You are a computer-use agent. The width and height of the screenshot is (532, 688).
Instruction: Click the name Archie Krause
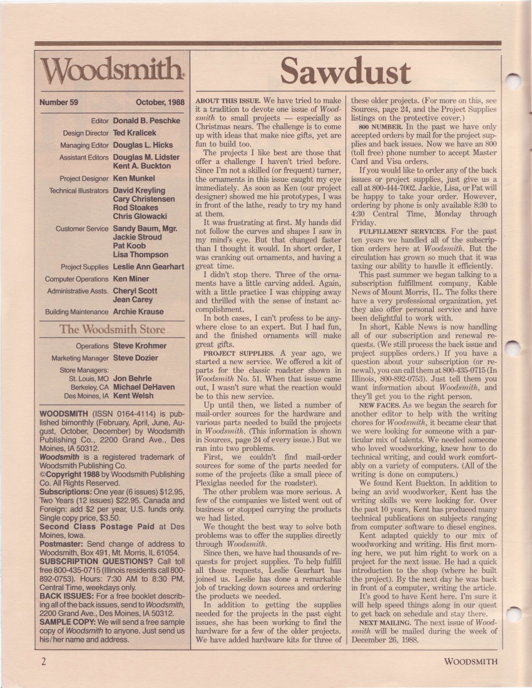tap(138, 311)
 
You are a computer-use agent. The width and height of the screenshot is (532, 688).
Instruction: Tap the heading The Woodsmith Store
tap(112, 330)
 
